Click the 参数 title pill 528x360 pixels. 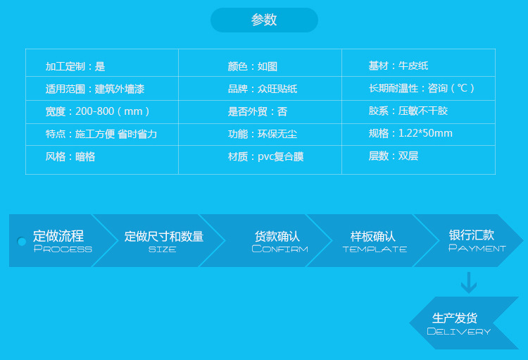(264, 20)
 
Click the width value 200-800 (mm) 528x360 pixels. (113, 111)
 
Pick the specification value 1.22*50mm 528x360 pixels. (425, 133)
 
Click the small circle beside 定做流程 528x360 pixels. (22, 242)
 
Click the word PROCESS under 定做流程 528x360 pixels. (63, 249)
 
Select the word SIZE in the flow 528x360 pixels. (163, 249)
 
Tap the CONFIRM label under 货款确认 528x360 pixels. (279, 249)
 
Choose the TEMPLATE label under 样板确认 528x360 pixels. (375, 249)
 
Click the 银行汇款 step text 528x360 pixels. (472, 235)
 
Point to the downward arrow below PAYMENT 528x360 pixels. (469, 283)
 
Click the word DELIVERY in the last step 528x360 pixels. (458, 331)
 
